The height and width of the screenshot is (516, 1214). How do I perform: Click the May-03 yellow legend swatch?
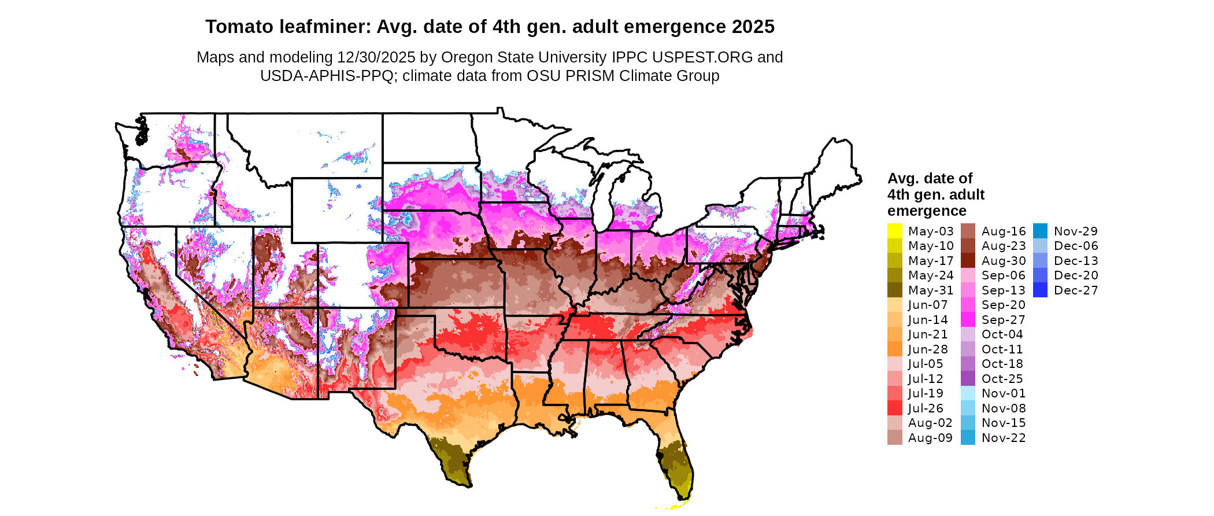(894, 231)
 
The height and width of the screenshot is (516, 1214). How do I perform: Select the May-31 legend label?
(930, 290)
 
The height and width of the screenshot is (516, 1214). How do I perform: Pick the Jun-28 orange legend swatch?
(894, 349)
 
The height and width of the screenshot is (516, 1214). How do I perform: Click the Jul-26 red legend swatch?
(894, 408)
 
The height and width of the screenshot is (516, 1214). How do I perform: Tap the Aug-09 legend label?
(930, 438)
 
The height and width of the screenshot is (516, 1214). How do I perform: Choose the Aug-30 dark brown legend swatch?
(968, 260)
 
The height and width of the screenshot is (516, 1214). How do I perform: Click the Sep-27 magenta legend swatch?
(968, 319)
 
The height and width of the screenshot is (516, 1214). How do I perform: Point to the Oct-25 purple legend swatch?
(968, 378)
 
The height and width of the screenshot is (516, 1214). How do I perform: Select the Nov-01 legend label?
(1004, 393)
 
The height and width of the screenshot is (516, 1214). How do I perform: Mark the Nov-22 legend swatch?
(968, 437)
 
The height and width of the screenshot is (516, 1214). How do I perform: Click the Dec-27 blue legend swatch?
(1040, 290)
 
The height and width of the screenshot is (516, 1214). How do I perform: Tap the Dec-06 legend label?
(1076, 246)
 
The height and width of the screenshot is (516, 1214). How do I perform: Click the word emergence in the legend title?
(927, 211)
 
